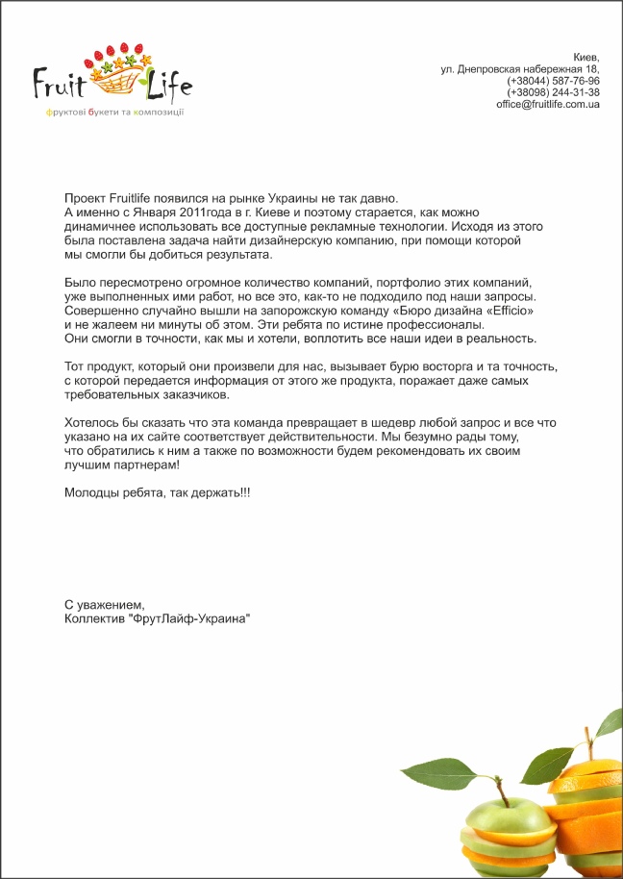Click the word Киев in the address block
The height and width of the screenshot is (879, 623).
586,58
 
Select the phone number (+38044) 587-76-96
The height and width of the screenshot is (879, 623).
553,81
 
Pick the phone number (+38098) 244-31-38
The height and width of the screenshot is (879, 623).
553,92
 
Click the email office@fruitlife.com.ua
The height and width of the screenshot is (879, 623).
548,104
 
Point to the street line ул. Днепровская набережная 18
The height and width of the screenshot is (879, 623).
520,69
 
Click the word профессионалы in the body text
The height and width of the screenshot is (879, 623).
430,325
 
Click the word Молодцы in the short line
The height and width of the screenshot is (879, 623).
92,492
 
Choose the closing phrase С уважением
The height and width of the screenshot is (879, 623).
104,605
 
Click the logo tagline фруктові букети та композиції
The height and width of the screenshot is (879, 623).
114,113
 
